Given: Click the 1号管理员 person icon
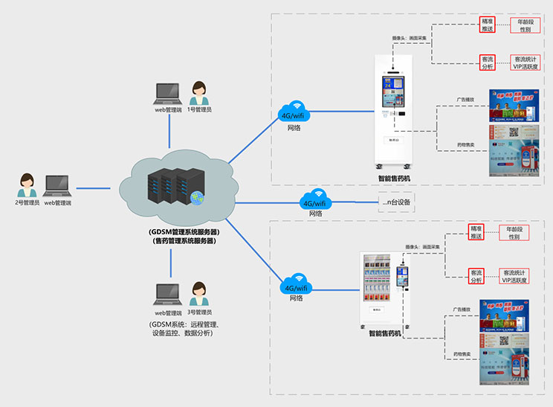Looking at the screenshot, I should [198, 93].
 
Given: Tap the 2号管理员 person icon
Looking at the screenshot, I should [28, 185].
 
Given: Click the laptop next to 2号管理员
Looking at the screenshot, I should [57, 186].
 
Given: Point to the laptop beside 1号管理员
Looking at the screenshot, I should [166, 94].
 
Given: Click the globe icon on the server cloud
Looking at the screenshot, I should [195, 198].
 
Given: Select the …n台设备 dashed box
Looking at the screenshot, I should [395, 202].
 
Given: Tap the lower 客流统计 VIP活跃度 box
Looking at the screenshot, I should [514, 276].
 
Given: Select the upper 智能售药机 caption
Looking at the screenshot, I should [393, 178].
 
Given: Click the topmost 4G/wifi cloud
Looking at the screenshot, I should [296, 114].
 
